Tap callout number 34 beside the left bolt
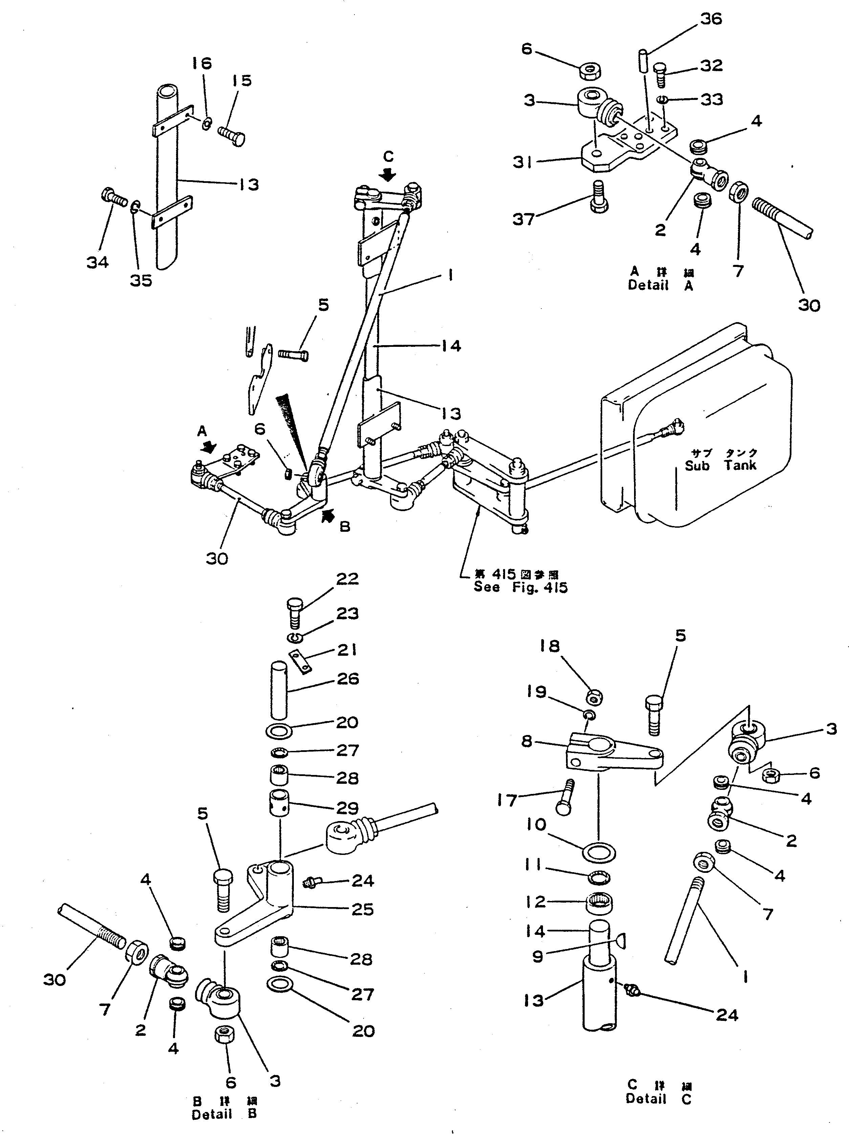[x=97, y=262]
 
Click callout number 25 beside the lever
[x=362, y=909]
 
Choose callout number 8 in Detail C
[x=527, y=741]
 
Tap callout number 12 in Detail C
[x=536, y=901]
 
